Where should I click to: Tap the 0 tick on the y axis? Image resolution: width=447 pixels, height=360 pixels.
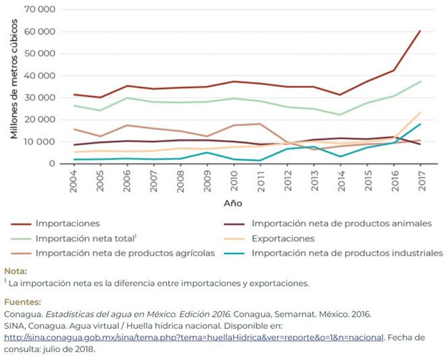coord(51,164)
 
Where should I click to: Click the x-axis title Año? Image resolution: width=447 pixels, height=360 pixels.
coord(233,202)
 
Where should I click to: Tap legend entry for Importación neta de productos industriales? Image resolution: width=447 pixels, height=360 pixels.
coord(347,253)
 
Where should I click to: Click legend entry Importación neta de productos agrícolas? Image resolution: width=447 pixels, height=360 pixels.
coord(125,253)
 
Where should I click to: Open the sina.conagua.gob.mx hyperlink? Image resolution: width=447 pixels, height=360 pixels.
coord(193,337)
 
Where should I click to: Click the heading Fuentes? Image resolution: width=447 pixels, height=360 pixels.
coord(22,303)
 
